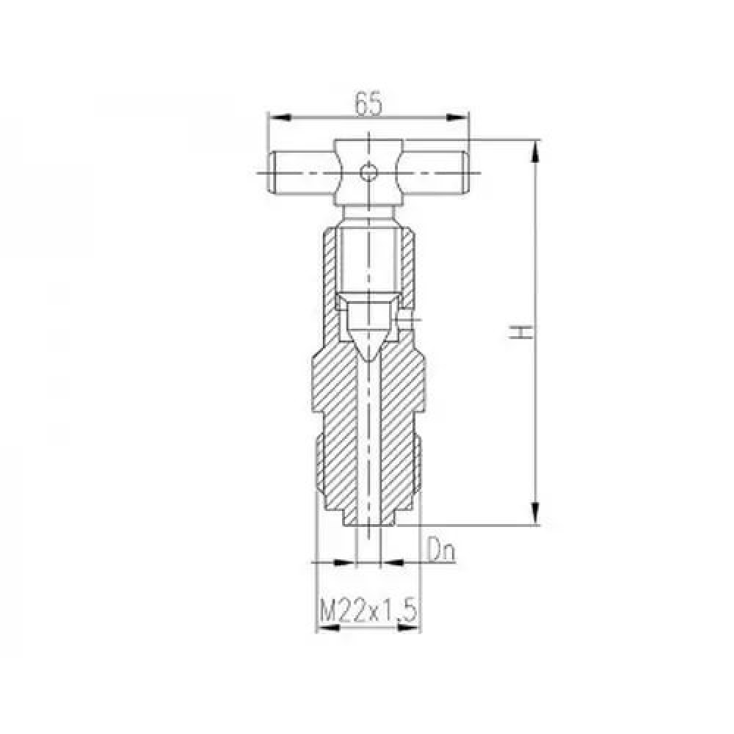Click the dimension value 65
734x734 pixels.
[368, 104]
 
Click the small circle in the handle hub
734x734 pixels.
[368, 172]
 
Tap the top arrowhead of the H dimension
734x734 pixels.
[536, 152]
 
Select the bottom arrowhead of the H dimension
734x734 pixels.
[536, 513]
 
